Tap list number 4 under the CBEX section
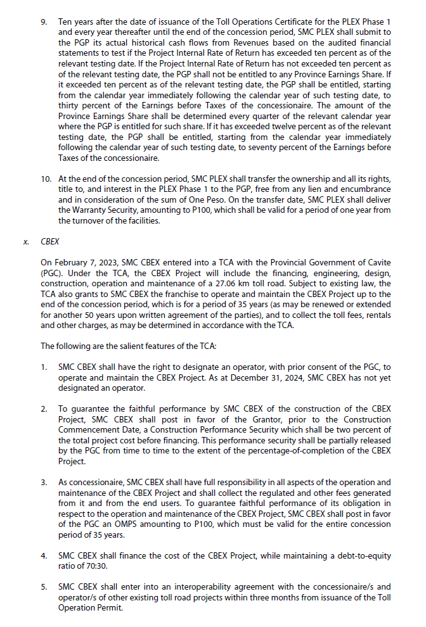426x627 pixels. click(x=44, y=556)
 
